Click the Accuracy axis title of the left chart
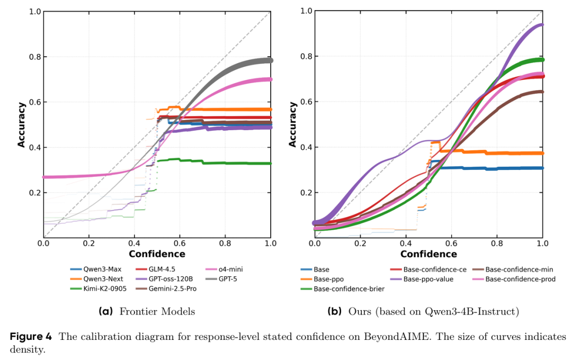tap(22, 125)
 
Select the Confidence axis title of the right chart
tap(428, 254)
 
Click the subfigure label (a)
tap(106, 311)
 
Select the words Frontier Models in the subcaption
tap(157, 311)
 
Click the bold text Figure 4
tap(31, 337)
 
